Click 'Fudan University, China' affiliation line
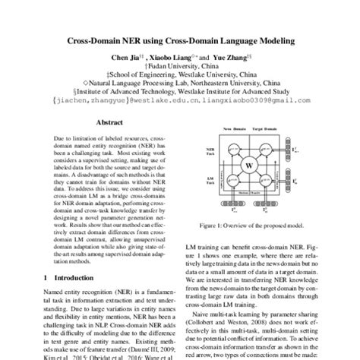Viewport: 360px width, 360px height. (x=180, y=67)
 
